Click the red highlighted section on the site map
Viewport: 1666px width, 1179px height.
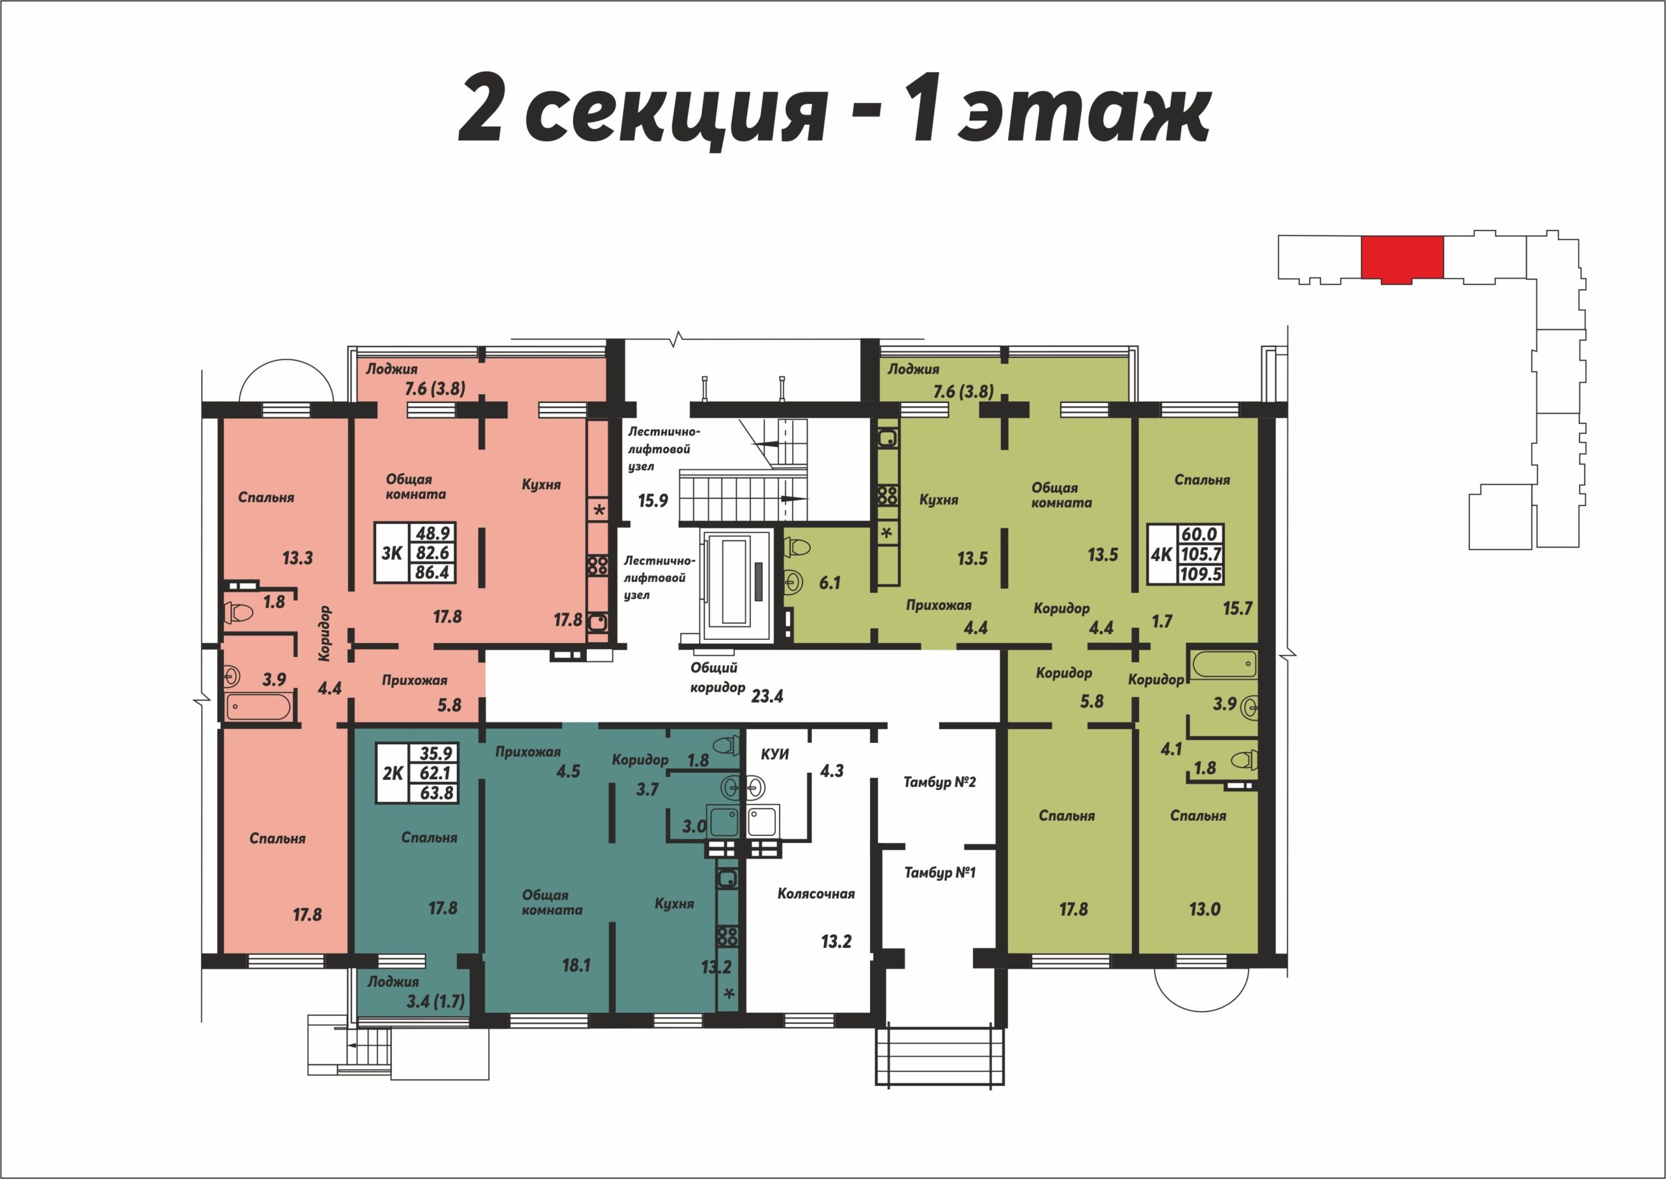coord(1402,258)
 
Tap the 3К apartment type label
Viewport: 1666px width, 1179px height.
coord(392,553)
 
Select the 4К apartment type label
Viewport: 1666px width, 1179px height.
coord(1162,555)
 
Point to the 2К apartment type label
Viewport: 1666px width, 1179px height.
coord(392,774)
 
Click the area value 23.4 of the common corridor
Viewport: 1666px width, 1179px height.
coord(767,696)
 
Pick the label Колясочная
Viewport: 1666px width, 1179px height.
coord(815,894)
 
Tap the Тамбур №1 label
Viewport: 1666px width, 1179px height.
coord(940,872)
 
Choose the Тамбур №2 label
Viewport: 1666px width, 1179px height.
coord(940,782)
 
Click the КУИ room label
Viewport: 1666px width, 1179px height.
coord(774,755)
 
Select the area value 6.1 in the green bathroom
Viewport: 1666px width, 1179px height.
coord(829,583)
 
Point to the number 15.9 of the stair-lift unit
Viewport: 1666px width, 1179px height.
coord(653,500)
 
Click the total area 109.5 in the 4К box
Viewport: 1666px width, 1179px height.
coord(1201,574)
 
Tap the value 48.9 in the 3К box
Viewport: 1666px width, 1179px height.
coord(433,533)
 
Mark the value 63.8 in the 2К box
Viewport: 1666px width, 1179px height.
coord(437,793)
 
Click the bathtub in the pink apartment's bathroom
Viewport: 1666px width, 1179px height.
coord(258,707)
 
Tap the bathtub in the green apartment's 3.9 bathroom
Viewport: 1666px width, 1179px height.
coord(1223,665)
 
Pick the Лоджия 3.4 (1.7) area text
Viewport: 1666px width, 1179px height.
coord(435,1002)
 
